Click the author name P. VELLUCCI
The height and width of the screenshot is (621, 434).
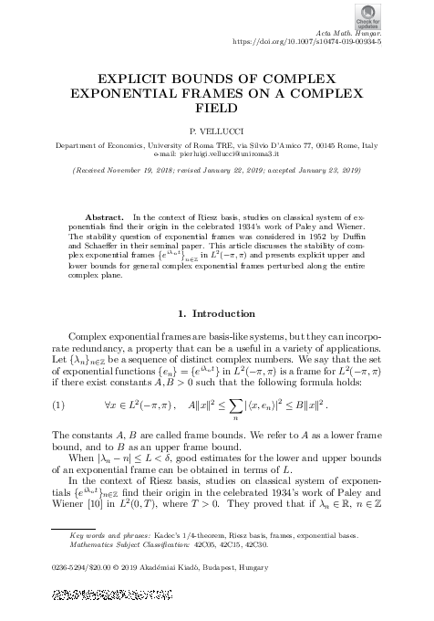(x=216, y=132)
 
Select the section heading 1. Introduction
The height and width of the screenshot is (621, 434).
(x=216, y=289)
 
